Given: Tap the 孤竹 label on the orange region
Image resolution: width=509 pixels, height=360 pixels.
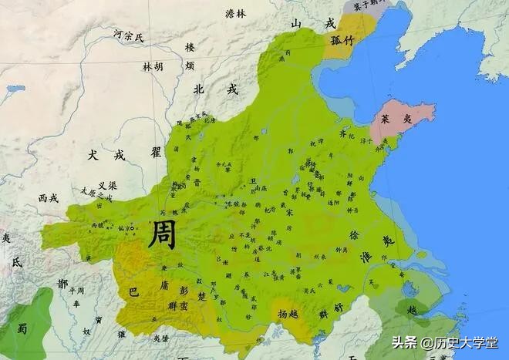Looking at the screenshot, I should pyautogui.click(x=342, y=41).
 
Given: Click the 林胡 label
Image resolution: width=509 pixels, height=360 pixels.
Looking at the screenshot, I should pyautogui.click(x=153, y=67).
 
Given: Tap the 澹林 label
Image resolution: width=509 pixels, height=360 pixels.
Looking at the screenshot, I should pyautogui.click(x=235, y=13).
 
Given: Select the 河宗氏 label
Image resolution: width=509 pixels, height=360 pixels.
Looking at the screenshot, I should pyautogui.click(x=128, y=35).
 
